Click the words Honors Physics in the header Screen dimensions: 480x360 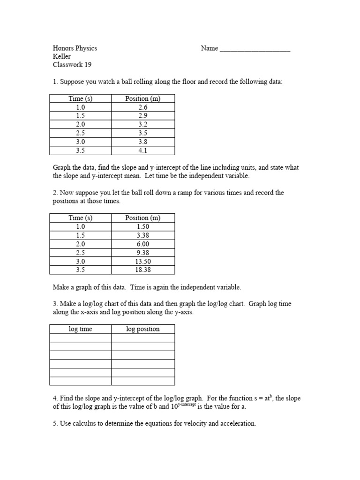[75, 48]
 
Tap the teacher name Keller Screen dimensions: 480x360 [62, 56]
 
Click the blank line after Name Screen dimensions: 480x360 [255, 49]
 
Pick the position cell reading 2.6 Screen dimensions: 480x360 [143, 107]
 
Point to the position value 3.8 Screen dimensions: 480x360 [143, 142]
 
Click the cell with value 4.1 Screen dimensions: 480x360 [143, 150]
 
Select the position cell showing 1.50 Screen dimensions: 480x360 [143, 226]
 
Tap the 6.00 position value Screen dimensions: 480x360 [143, 244]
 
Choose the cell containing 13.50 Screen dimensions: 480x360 [143, 261]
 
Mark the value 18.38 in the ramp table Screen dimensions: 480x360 [143, 270]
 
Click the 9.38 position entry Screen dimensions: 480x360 [143, 252]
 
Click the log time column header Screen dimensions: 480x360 [81, 329]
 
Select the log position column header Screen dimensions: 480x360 [143, 329]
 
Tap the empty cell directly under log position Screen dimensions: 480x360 [143, 338]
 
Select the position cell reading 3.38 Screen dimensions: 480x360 [143, 235]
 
